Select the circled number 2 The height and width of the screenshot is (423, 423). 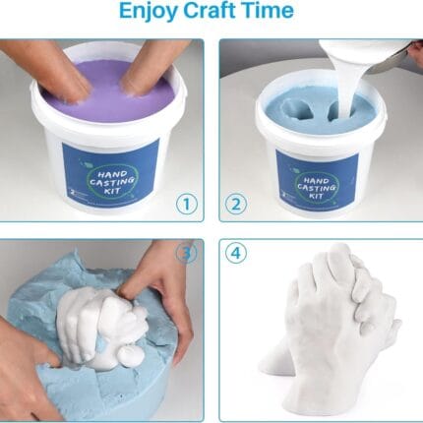[236, 205]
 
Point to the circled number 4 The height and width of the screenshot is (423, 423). [236, 253]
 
